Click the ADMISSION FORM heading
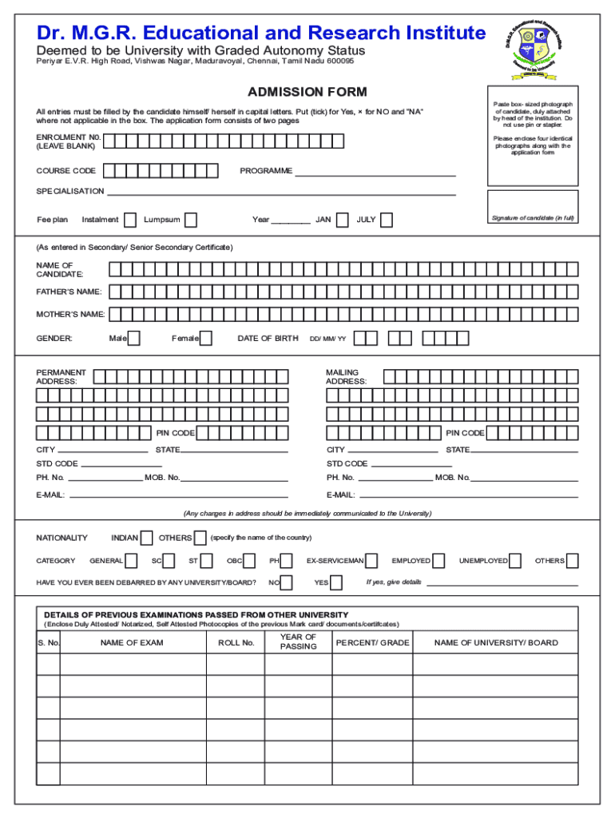tap(307, 92)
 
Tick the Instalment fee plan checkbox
tap(130, 220)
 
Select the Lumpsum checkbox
tap(191, 220)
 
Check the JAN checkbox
tap(342, 220)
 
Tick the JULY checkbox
tap(387, 220)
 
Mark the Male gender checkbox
tap(134, 339)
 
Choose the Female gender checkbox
tap(206, 339)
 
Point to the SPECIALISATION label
tap(70, 192)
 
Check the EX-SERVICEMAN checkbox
tap(374, 561)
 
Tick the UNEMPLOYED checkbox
tap(516, 561)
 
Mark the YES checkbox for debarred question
tap(336, 582)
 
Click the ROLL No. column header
tap(236, 643)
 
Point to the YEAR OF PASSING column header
tap(299, 642)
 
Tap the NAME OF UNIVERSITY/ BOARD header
tap(496, 643)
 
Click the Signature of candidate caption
tap(533, 218)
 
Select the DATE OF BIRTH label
tap(268, 339)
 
